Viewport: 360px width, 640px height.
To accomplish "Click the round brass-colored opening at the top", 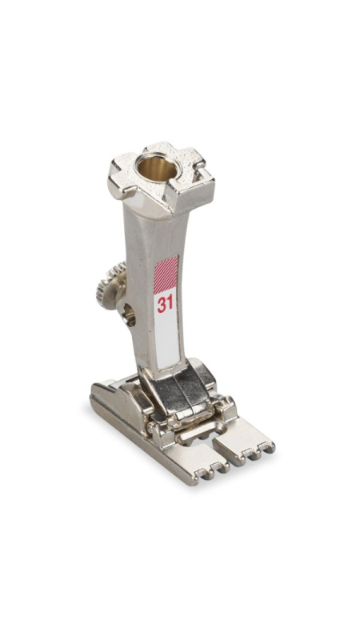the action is tap(157, 168).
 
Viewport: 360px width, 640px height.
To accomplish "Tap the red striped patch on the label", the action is tap(166, 274).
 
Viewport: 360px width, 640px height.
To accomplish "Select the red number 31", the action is tap(165, 304).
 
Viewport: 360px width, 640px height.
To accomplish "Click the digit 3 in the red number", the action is tap(162, 305).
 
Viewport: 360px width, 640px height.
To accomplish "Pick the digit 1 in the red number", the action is tap(170, 304).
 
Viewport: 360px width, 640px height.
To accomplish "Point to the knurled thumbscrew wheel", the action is tap(110, 286).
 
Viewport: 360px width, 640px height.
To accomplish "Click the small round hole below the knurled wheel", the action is tap(130, 315).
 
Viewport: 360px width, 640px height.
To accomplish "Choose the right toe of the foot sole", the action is tap(244, 441).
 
